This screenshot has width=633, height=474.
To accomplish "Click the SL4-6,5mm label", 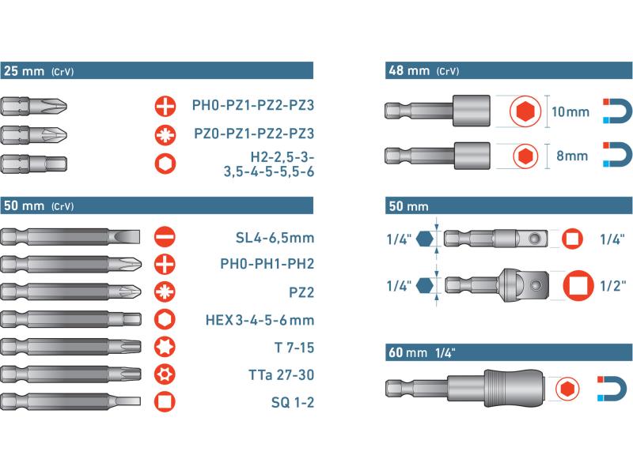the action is [x=275, y=238].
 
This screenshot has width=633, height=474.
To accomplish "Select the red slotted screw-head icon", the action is [x=165, y=236].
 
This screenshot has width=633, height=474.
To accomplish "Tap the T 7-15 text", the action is [x=294, y=348].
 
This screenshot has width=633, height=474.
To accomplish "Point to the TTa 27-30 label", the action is [x=281, y=374].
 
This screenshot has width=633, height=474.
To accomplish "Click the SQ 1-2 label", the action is [x=292, y=402].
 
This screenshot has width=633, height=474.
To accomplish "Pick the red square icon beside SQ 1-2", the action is [x=165, y=401].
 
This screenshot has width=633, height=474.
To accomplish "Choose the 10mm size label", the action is [x=570, y=111].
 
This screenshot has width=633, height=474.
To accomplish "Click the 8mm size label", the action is [x=572, y=156].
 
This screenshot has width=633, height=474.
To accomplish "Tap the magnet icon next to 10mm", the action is [x=617, y=111].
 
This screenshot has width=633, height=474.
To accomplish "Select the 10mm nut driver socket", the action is [x=438, y=111].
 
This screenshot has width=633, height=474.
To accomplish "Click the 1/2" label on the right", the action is [x=612, y=286].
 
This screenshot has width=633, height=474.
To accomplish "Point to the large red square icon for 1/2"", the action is [x=578, y=285].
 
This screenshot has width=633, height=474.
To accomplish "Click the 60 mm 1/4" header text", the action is [x=422, y=352].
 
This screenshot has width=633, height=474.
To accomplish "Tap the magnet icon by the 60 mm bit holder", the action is [x=612, y=389].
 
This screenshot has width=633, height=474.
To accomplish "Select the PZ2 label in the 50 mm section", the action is [x=301, y=292].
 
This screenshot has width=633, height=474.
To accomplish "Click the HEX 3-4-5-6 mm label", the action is [x=260, y=320].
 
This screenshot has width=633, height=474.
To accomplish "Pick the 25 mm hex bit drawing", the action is [x=34, y=164].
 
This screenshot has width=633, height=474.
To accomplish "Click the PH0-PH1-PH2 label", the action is [x=267, y=264].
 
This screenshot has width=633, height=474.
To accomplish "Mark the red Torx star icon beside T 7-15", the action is [x=165, y=347].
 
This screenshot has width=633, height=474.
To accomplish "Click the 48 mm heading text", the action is [x=409, y=70].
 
